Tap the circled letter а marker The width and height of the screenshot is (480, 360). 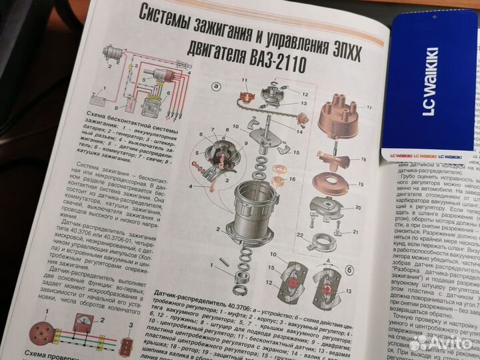pyautogui.click(x=215, y=86)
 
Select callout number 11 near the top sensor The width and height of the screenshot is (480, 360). pyautogui.click(x=244, y=82)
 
